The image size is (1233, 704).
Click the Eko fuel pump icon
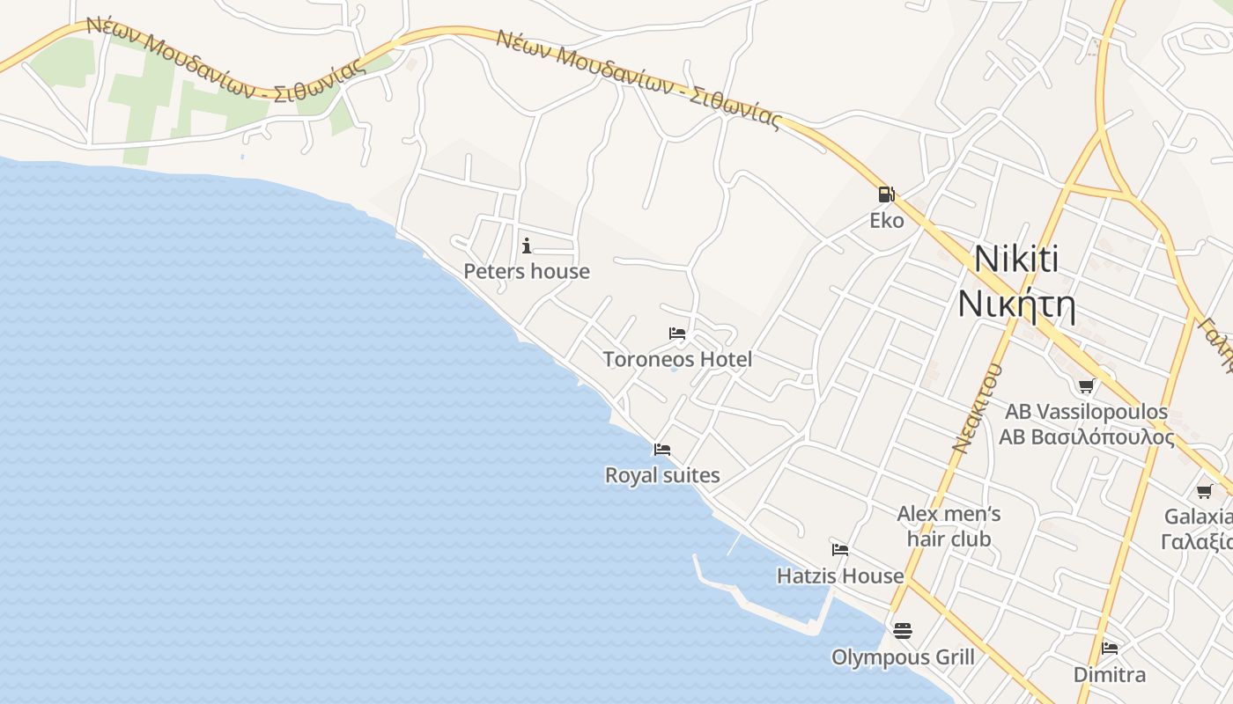886,194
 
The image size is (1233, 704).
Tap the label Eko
887,220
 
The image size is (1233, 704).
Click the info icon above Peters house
527,246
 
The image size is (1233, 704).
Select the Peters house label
527,271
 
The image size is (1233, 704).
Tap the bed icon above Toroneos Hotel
677,334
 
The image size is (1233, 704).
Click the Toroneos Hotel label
677,359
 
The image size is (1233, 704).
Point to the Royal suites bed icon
662,450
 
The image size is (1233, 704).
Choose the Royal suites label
662,475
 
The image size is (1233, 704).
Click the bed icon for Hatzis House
840,550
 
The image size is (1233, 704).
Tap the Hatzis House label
840,576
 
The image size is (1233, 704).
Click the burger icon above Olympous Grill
903,631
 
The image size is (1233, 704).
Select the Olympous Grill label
903,657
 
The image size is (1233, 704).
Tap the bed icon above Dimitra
1110,649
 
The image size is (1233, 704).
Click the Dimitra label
1110,675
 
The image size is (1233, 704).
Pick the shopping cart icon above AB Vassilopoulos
1087,385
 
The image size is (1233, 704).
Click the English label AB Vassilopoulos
1087,412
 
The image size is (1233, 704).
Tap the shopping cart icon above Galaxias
1204,491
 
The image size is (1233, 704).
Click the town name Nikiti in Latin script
1016,260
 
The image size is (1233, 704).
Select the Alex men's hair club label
949,525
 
